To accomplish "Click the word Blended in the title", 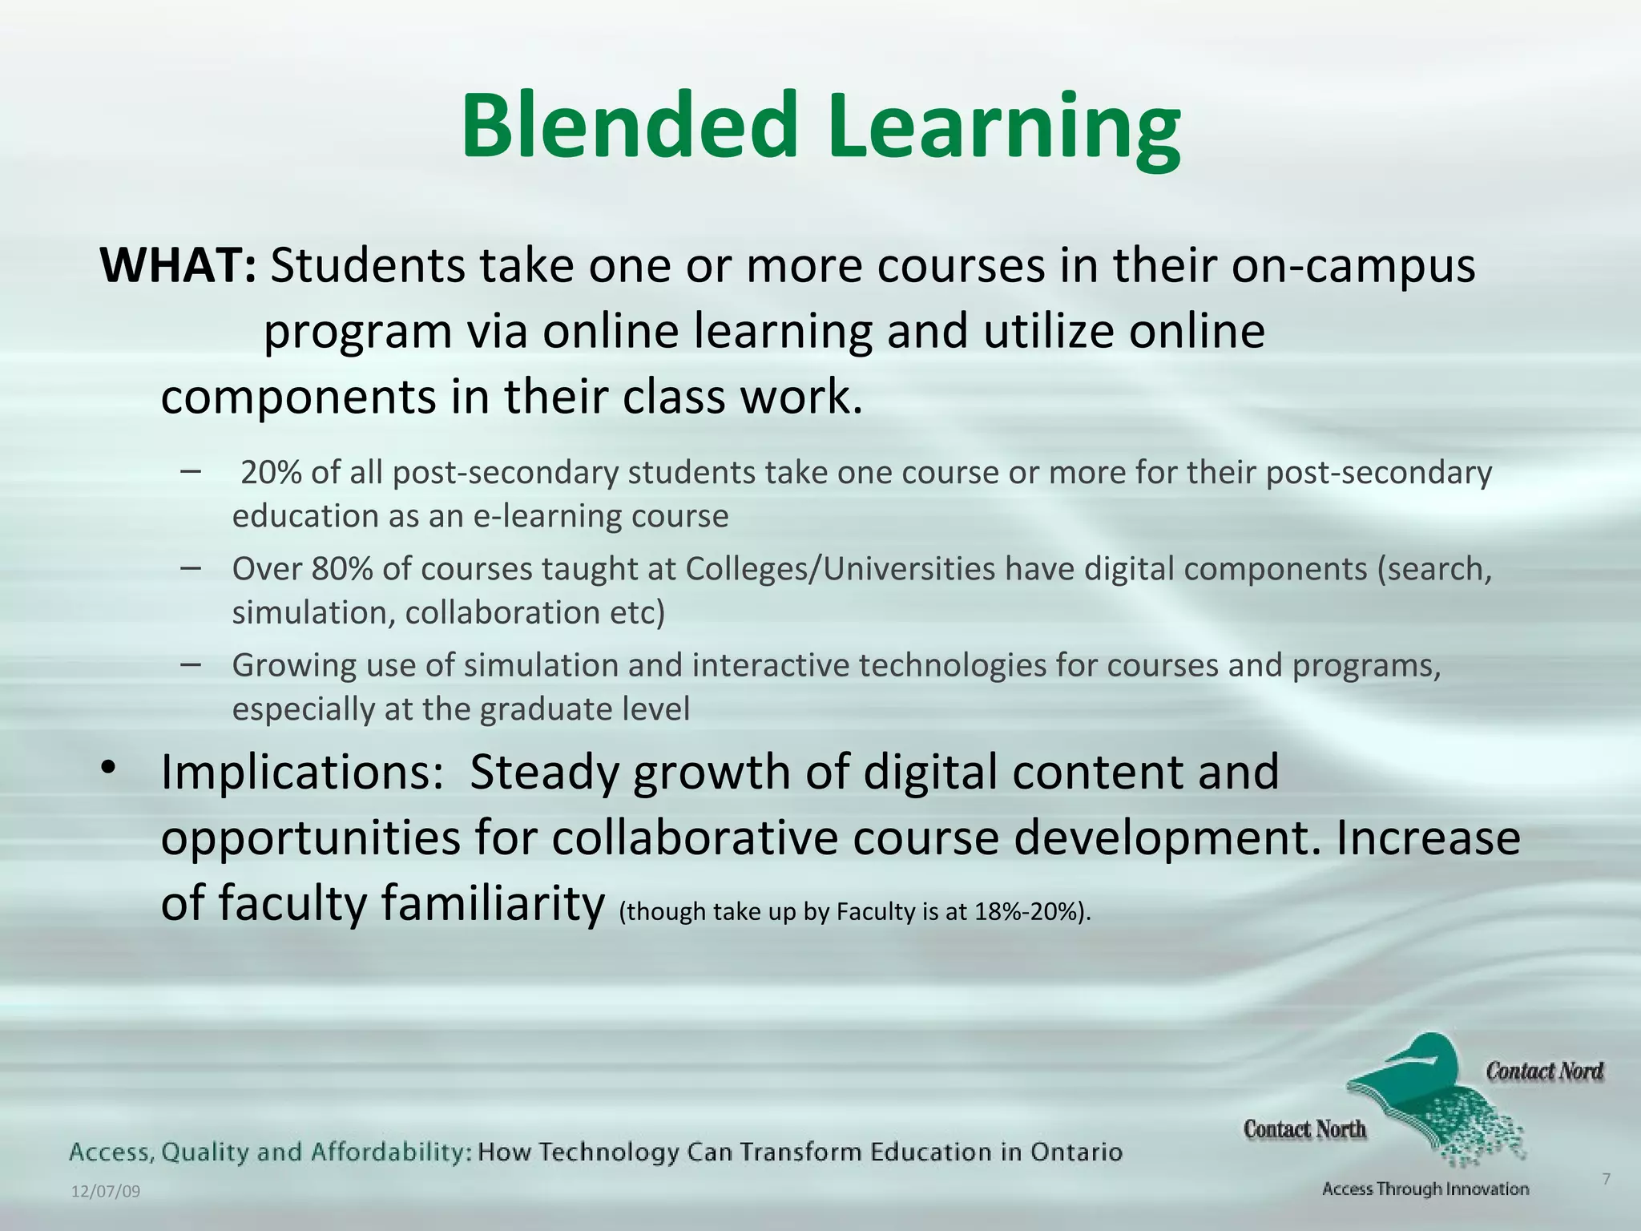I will pos(630,127).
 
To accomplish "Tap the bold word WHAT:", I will pos(178,266).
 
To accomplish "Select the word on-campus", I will pos(1353,266).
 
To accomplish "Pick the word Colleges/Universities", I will pos(841,569).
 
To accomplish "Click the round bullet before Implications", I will pos(109,768).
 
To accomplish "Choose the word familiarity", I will pos(492,903).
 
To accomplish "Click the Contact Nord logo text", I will pos(1544,1072).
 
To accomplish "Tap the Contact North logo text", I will pos(1304,1129).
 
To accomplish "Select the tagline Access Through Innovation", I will pos(1425,1189).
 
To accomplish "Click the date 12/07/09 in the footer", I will pos(106,1192).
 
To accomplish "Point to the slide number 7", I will pos(1606,1179).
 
